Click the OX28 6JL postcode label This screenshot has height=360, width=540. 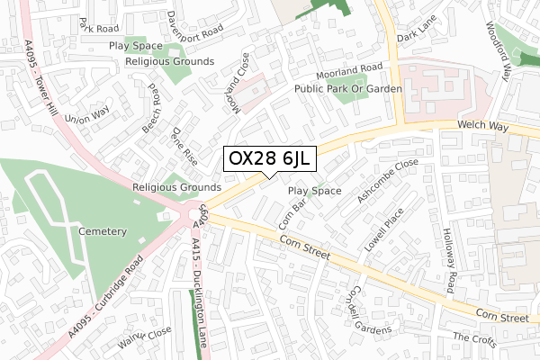[x=269, y=159]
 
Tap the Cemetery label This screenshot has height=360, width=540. [x=103, y=231]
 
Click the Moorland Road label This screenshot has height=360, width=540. [x=349, y=71]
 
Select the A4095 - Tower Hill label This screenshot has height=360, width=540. [x=42, y=78]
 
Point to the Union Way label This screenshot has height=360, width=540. [x=86, y=115]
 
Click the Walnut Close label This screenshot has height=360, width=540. [x=147, y=338]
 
